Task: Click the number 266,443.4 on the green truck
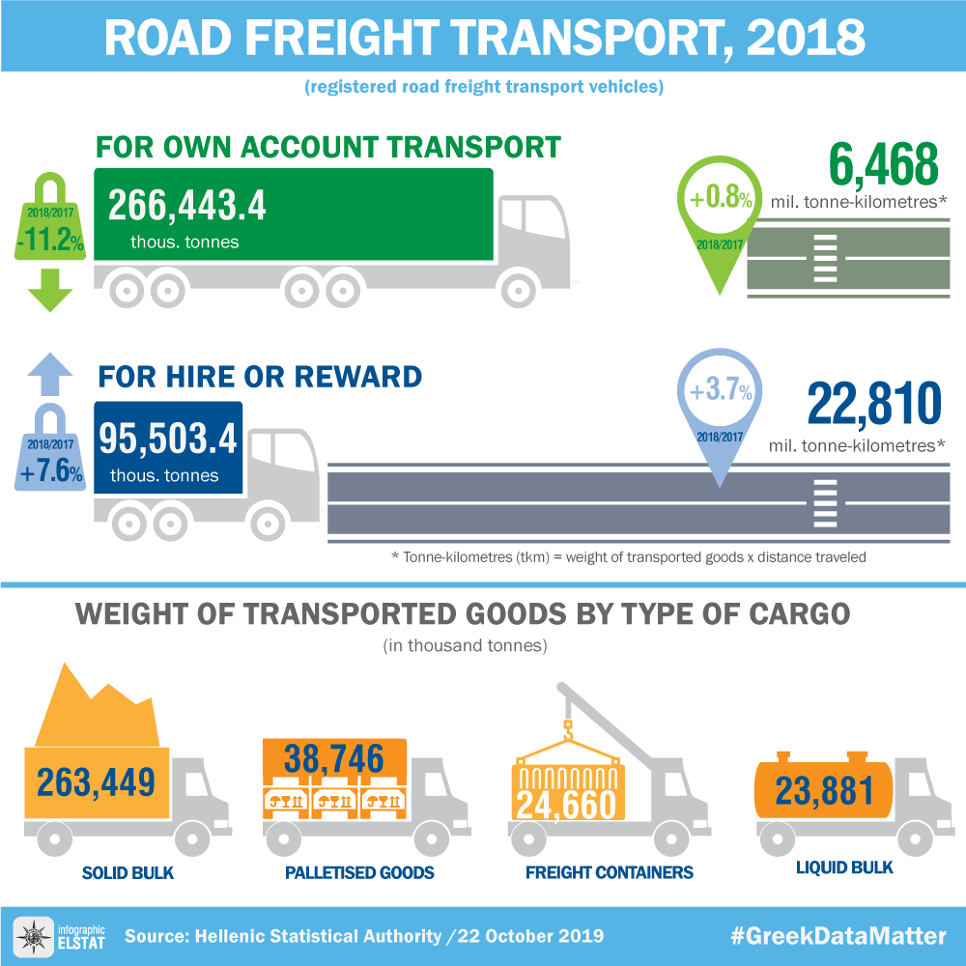[186, 207]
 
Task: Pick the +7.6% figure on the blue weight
[49, 473]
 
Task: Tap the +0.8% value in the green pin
[720, 199]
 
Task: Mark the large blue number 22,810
[873, 405]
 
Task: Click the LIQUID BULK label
[844, 867]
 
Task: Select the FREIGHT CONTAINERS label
[609, 873]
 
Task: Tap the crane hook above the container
[569, 731]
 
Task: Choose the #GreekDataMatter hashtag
[838, 936]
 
